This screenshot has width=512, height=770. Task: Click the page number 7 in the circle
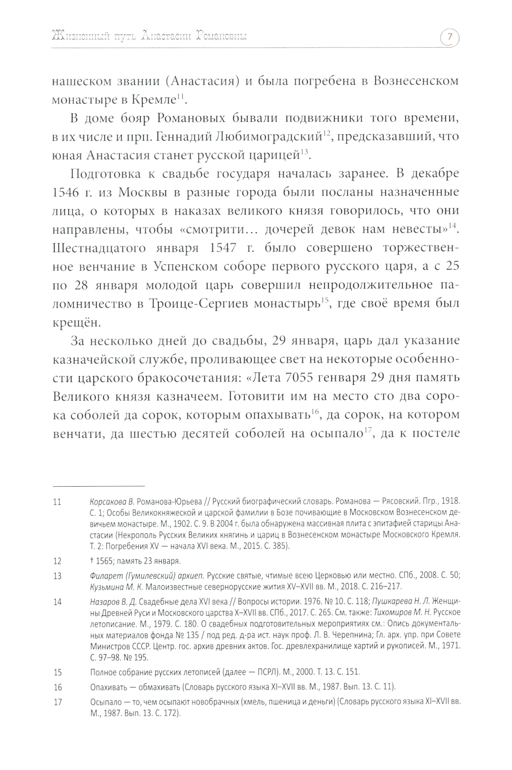[449, 37]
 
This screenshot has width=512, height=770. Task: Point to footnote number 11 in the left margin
[57, 502]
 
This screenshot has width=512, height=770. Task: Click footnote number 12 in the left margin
[57, 561]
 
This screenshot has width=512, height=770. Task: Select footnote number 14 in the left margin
[57, 602]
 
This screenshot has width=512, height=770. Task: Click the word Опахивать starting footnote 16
[108, 687]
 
